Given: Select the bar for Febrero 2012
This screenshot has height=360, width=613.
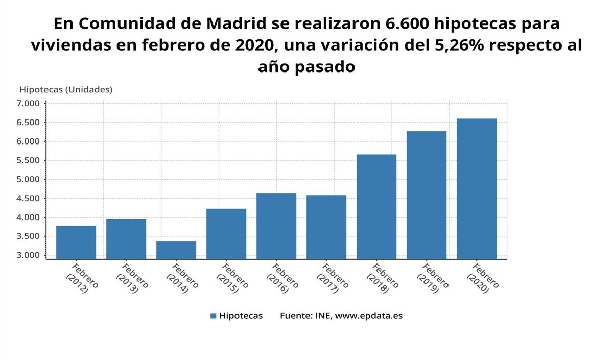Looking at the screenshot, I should click(x=76, y=242).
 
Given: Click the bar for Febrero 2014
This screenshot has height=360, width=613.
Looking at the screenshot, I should click(x=176, y=250).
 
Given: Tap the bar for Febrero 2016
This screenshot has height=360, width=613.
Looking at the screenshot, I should click(x=276, y=226).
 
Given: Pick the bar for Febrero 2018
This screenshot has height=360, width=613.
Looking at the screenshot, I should click(x=376, y=206).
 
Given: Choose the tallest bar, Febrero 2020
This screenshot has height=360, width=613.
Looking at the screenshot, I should click(x=477, y=188).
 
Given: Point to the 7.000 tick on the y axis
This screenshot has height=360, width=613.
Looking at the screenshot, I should click(x=28, y=104).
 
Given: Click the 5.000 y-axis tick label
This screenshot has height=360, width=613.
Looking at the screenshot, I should click(x=28, y=180).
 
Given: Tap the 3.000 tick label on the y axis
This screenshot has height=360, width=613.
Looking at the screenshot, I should click(x=28, y=255).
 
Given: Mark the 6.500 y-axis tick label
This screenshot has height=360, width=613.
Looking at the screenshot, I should click(x=28, y=123).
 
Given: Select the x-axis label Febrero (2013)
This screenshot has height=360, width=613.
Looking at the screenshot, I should click(x=131, y=278).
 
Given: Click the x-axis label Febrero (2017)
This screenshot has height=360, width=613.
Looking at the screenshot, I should click(x=331, y=278).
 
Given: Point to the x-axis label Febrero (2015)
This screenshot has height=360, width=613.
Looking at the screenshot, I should click(x=231, y=278).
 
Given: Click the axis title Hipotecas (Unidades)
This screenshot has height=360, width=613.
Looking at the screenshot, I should click(x=66, y=89).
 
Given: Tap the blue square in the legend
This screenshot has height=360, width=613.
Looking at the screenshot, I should click(x=213, y=316).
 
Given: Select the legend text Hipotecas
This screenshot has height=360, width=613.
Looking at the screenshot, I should click(x=241, y=316).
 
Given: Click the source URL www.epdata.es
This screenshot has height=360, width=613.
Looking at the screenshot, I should click(x=369, y=316).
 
